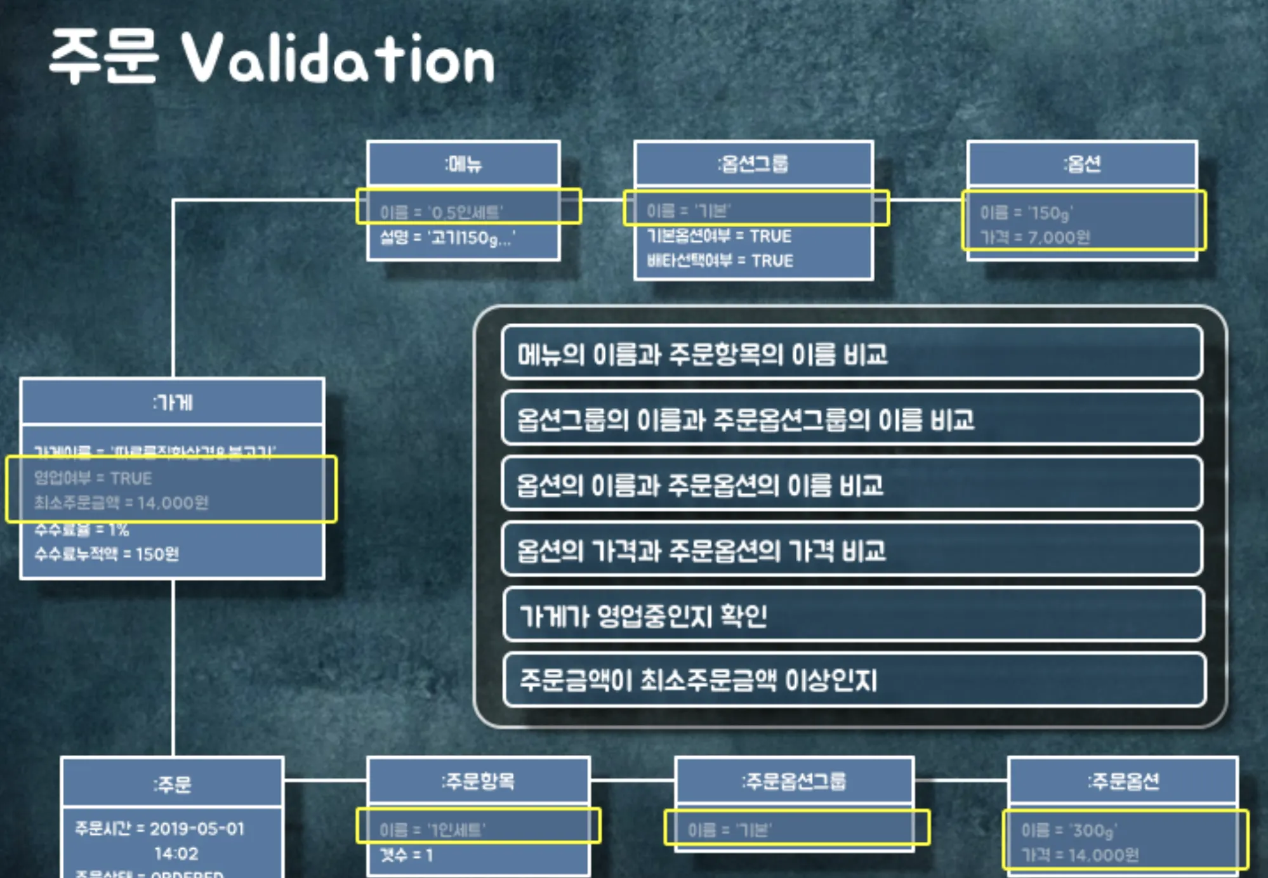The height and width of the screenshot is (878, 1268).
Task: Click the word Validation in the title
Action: (338, 58)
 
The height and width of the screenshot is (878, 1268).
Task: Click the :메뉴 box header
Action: (463, 164)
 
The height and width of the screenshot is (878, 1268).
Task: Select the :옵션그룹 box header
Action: (753, 164)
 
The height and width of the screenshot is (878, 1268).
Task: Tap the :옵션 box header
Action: (1082, 164)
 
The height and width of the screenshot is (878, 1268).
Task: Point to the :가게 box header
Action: (173, 402)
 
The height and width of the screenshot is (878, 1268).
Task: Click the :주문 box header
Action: (172, 785)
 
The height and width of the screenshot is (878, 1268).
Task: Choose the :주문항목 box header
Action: (478, 781)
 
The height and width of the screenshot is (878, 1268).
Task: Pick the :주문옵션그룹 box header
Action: (794, 781)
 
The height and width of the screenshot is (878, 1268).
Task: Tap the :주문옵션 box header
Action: (1123, 781)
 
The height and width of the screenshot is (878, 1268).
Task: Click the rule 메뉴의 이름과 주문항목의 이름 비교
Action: (702, 354)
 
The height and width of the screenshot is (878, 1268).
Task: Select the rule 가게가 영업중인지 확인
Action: (643, 615)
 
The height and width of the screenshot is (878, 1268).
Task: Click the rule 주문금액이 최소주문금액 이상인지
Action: (698, 680)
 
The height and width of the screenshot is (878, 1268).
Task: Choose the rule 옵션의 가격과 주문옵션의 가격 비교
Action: (701, 550)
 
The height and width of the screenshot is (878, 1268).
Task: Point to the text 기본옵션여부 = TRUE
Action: (719, 236)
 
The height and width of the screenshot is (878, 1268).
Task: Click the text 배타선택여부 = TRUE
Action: (720, 261)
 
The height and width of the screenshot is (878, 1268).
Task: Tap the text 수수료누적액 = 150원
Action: (107, 554)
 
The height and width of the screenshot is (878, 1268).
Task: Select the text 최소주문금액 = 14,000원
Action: (121, 502)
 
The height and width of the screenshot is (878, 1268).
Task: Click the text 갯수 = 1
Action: (406, 855)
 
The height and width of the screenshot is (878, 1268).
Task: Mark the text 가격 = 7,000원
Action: (1035, 237)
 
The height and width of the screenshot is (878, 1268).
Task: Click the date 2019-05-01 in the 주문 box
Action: (197, 829)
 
